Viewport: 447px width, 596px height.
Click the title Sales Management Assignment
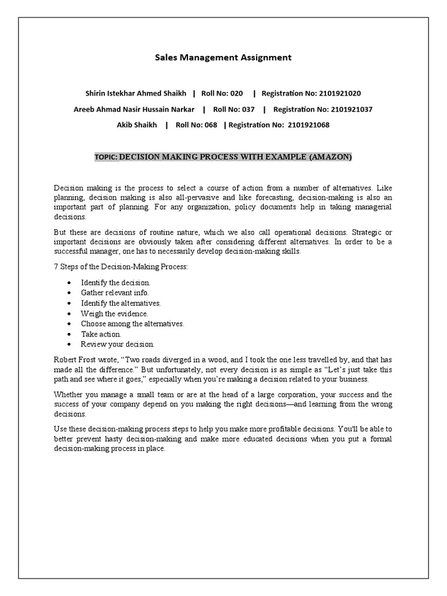223,58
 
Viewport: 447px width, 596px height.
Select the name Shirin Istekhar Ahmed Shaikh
136,93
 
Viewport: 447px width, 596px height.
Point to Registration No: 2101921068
279,125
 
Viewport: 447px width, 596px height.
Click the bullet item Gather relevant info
115,292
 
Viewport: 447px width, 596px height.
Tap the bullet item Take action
101,334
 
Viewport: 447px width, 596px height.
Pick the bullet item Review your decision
118,344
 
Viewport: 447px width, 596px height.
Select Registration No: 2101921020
311,93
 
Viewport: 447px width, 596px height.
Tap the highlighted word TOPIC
105,157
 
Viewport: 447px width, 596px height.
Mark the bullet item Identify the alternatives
120,303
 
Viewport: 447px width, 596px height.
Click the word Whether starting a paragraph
69,395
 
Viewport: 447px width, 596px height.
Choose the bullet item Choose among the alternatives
132,324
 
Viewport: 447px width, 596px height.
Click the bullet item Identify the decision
115,282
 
